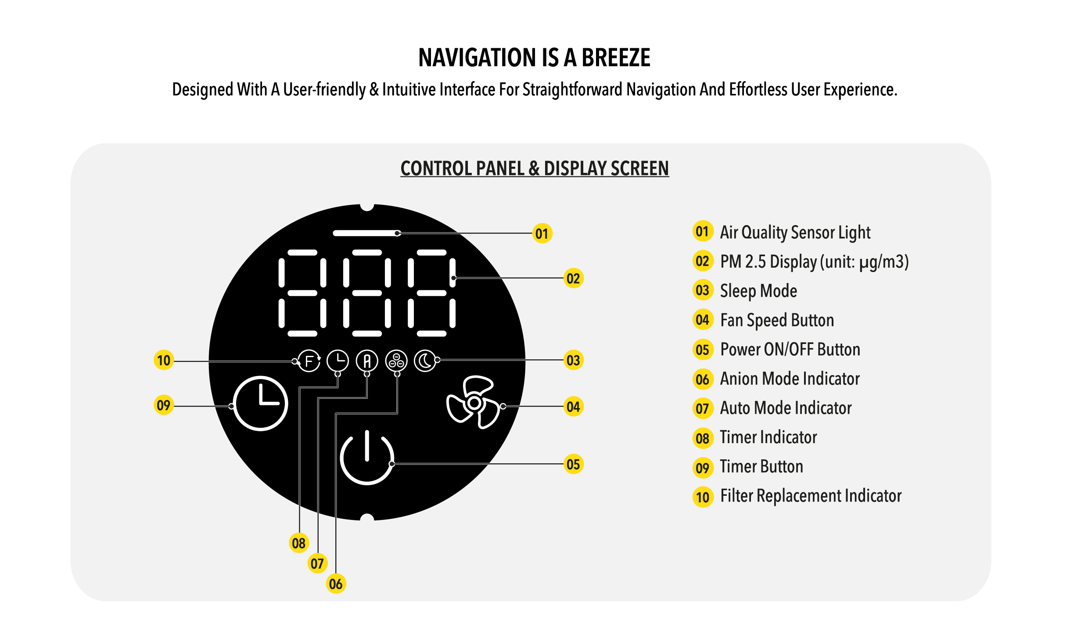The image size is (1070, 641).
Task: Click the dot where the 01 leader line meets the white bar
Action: point(398,233)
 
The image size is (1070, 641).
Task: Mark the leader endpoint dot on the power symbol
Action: point(392,464)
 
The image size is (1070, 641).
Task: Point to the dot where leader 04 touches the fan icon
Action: point(503,406)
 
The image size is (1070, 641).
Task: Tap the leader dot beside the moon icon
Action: point(438,360)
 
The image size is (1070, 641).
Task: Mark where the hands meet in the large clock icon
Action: point(262,402)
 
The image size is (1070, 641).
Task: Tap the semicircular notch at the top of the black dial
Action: point(367,207)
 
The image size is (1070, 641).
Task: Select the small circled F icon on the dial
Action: point(309,361)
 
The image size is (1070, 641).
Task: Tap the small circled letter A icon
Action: point(367,361)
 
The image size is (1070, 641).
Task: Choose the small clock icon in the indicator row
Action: point(338,361)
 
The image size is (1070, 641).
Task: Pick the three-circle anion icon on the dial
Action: point(396,361)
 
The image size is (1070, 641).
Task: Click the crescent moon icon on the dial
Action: point(425,361)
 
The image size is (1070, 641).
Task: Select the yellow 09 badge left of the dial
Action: point(164,405)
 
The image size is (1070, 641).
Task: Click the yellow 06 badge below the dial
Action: point(336,584)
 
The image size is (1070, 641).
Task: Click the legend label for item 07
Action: point(786,408)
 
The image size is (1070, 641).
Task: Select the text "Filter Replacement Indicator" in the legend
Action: point(811,496)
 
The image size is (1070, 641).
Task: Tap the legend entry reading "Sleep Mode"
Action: point(758,291)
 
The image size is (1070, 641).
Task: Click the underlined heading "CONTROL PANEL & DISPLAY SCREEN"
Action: point(535,168)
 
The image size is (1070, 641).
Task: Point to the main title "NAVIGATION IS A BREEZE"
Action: point(535,57)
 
